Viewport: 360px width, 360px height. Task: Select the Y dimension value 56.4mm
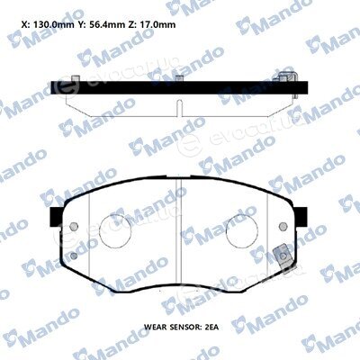(x=107, y=24)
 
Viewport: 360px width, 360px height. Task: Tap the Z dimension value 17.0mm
(x=158, y=24)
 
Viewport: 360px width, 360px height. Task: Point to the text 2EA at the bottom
(x=211, y=327)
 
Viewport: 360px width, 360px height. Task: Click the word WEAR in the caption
(x=155, y=327)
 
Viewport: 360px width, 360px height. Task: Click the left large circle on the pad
(x=115, y=231)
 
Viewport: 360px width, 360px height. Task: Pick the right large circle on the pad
(x=242, y=232)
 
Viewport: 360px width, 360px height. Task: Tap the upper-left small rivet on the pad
(x=74, y=227)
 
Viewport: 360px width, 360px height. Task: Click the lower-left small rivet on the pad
(x=74, y=256)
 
